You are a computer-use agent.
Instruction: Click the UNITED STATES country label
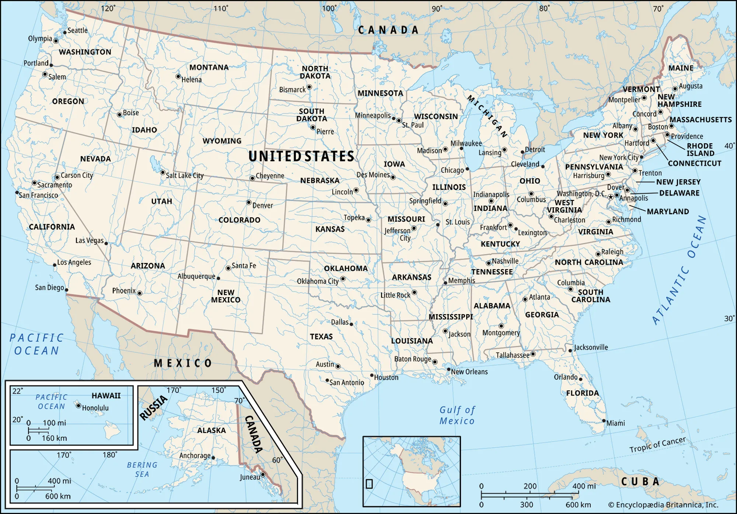pyautogui.click(x=301, y=156)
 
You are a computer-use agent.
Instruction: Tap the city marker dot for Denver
pyautogui.click(x=249, y=203)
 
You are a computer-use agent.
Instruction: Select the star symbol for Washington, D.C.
pyautogui.click(x=611, y=197)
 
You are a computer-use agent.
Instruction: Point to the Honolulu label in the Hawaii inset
pyautogui.click(x=95, y=408)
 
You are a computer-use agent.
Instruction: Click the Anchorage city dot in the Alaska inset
pyautogui.click(x=213, y=458)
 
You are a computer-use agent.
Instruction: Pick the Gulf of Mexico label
pyautogui.click(x=457, y=415)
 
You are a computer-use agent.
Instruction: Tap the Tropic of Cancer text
pyautogui.click(x=657, y=444)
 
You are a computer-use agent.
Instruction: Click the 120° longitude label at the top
pyautogui.click(x=108, y=8)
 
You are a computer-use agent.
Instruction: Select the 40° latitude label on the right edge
pyautogui.click(x=729, y=146)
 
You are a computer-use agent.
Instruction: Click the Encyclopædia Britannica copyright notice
pyautogui.click(x=663, y=505)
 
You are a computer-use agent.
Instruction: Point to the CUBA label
pyautogui.click(x=640, y=482)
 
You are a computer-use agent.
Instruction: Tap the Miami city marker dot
pyautogui.click(x=604, y=420)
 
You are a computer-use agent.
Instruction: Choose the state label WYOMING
pyautogui.click(x=222, y=141)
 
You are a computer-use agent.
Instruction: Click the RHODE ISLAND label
pyautogui.click(x=700, y=149)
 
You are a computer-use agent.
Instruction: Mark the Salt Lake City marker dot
pyautogui.click(x=163, y=172)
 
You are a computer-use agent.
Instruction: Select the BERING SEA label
pyautogui.click(x=142, y=469)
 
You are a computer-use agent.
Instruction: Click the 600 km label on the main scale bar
pyautogui.click(x=578, y=505)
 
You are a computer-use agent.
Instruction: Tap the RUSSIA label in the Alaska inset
pyautogui.click(x=153, y=408)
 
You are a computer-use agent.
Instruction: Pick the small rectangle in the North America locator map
pyautogui.click(x=369, y=483)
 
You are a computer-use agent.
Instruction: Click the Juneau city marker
pyautogui.click(x=263, y=474)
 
